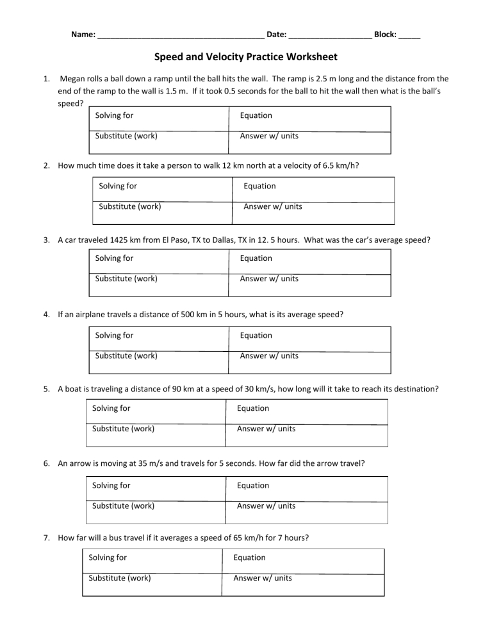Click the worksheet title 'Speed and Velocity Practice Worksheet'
point(246,57)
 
